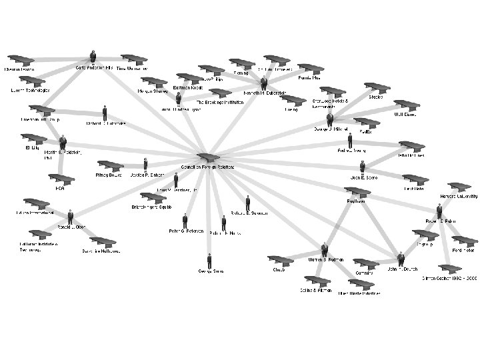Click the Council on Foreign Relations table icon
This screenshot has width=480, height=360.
point(207,157)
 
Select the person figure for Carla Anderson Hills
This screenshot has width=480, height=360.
point(93,57)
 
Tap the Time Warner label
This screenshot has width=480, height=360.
point(132,69)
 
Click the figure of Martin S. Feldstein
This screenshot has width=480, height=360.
point(63,141)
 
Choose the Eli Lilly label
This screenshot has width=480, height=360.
point(32,147)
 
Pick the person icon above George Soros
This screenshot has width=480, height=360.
point(209,261)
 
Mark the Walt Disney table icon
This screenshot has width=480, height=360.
point(407,106)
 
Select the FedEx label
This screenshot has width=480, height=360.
point(365,132)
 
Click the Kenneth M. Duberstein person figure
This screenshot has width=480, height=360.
point(264,83)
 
